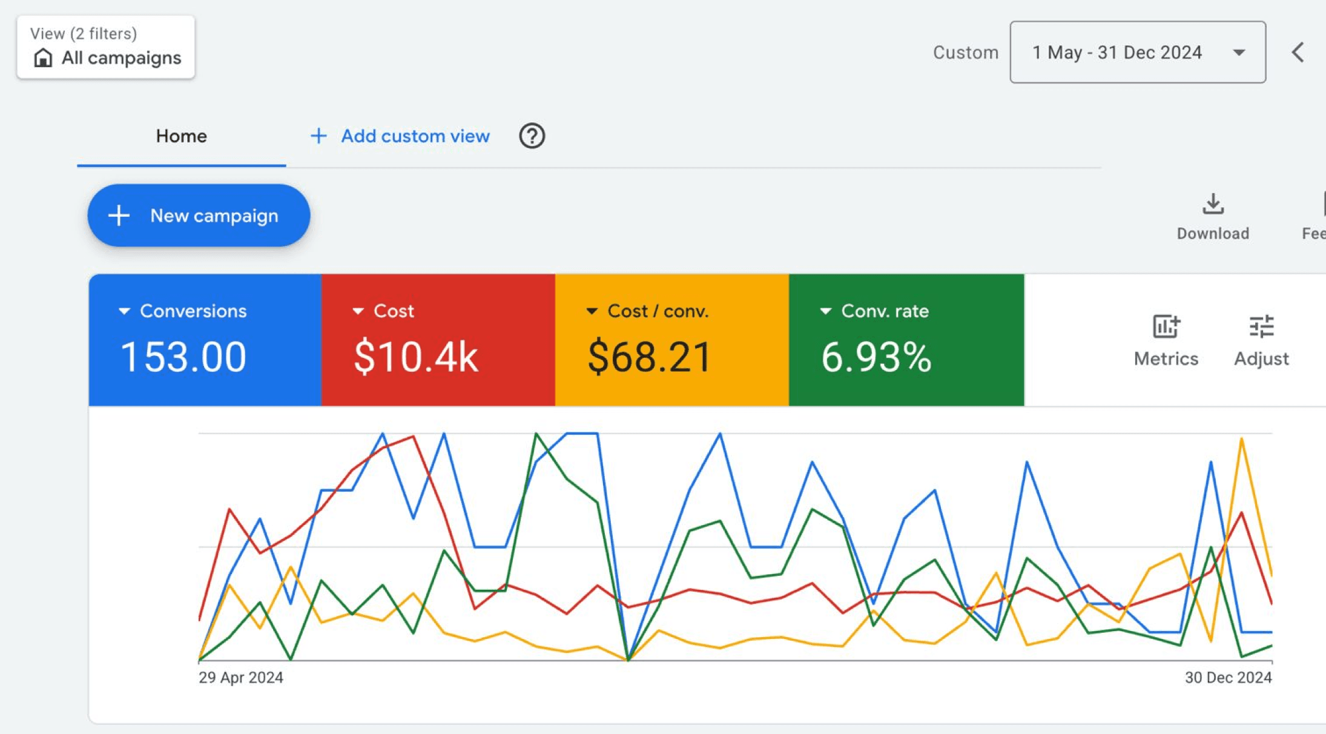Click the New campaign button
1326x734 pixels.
199,216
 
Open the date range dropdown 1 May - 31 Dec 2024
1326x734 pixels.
1137,52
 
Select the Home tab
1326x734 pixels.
181,136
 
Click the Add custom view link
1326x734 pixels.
400,136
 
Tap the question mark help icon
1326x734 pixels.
532,136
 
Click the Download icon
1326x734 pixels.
1213,204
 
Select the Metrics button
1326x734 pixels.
1166,340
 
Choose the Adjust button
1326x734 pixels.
1261,340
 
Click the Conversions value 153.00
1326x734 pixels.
183,357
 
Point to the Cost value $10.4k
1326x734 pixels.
416,357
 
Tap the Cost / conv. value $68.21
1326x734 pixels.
649,357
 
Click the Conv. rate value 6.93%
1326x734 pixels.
876,357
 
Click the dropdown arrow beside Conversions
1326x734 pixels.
124,311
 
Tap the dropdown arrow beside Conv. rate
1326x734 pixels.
825,311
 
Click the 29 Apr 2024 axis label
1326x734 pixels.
241,677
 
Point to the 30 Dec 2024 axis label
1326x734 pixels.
1228,677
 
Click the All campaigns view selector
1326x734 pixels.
106,47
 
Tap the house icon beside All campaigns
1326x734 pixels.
43,58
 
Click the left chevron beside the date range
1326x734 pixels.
1298,52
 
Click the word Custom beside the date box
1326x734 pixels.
966,53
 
